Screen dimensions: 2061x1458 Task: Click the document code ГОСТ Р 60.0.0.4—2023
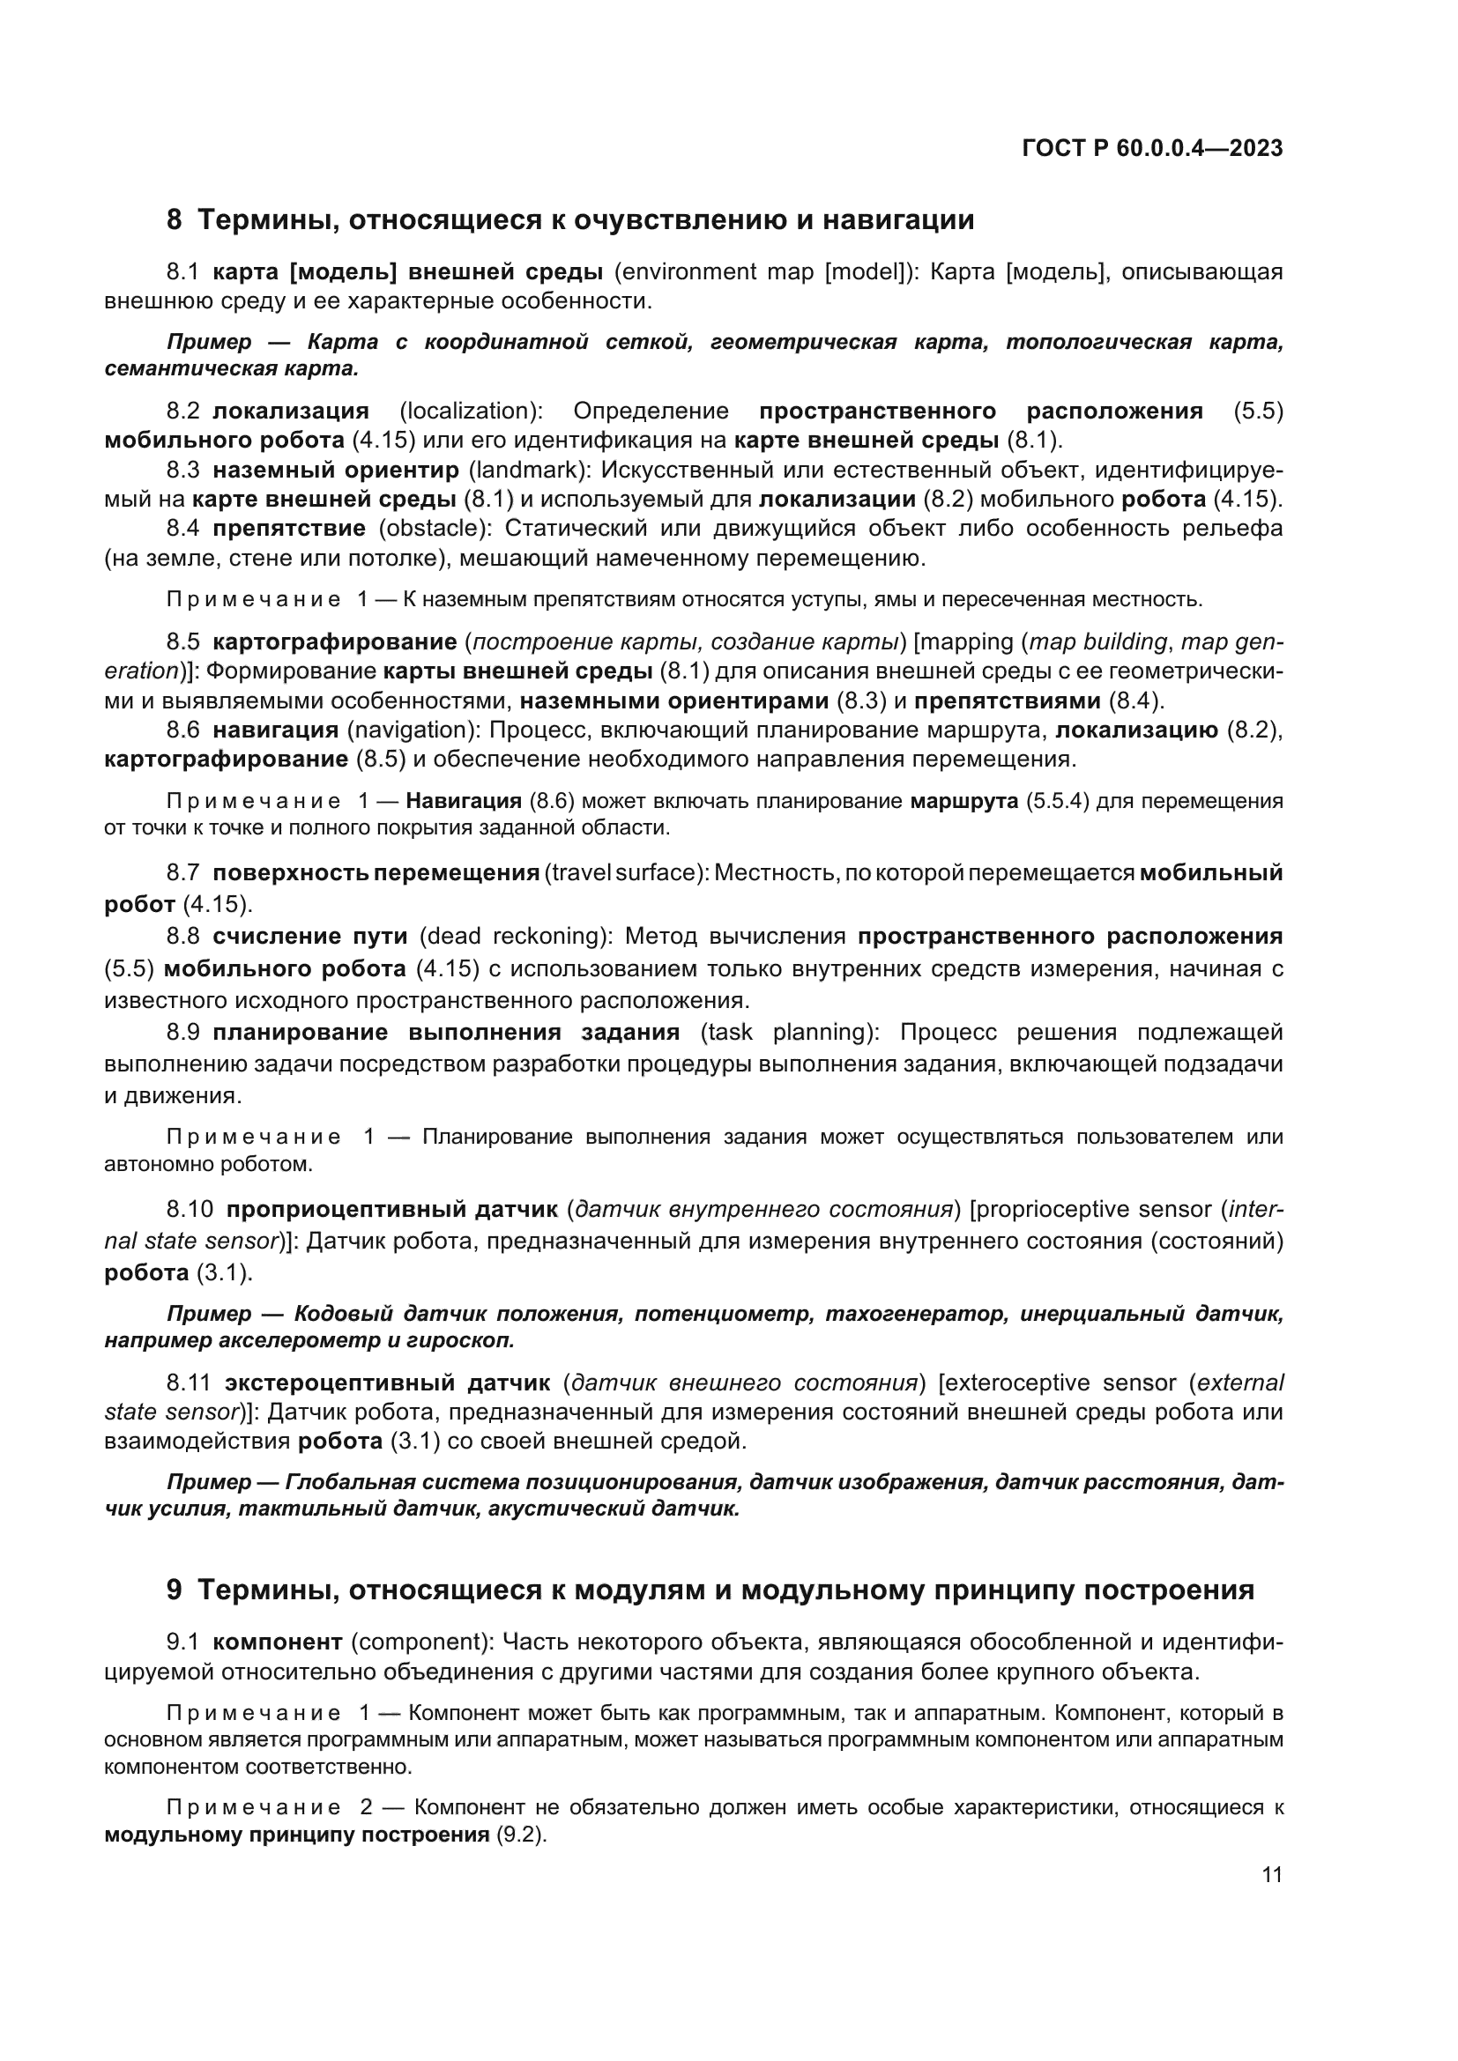[1152, 149]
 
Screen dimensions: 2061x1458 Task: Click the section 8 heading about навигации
[570, 220]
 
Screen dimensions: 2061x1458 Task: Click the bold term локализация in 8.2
[290, 411]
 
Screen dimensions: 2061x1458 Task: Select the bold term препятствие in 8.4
[289, 528]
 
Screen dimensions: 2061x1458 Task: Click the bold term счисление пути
[309, 937]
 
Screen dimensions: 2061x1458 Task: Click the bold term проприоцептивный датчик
[391, 1210]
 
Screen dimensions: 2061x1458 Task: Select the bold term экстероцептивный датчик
[387, 1383]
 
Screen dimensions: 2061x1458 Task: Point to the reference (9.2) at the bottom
[521, 1835]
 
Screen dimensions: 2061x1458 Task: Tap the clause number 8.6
[182, 730]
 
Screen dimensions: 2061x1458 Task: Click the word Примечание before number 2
[254, 1808]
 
